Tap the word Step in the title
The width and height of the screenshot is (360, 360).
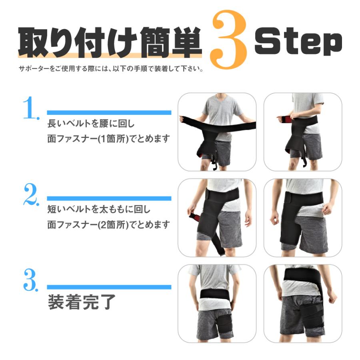[x=298, y=42]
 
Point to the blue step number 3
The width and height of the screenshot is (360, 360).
[x=31, y=280]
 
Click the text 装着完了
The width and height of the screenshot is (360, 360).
[x=82, y=302]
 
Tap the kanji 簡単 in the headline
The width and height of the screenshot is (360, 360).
[x=171, y=42]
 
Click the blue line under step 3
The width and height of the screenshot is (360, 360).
[x=109, y=287]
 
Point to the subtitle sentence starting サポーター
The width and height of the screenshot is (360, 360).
[x=111, y=69]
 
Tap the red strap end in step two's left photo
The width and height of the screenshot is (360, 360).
[x=194, y=217]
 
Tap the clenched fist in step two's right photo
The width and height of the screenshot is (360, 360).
[x=274, y=219]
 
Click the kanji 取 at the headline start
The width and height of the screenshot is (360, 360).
[x=33, y=42]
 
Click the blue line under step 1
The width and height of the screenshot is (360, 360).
[x=109, y=112]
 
